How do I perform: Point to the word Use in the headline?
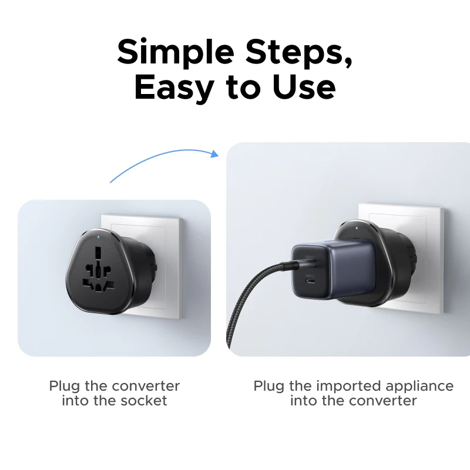[304, 88]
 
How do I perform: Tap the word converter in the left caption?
[146, 386]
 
